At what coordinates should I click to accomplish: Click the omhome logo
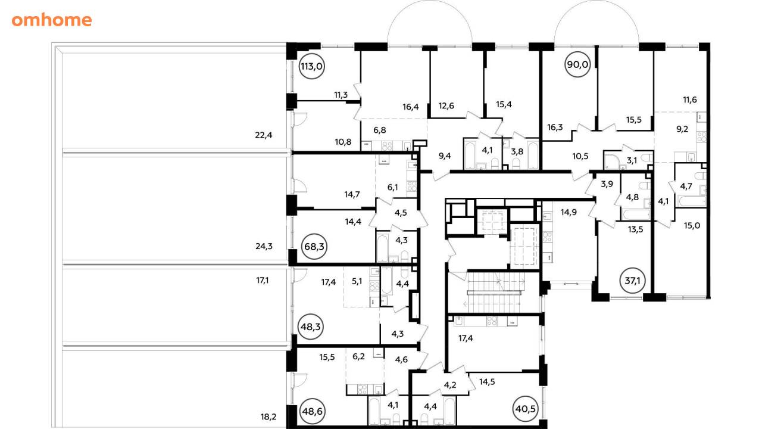click(x=52, y=20)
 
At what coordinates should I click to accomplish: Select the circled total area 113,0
click(x=311, y=66)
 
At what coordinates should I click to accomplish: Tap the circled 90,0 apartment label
click(x=577, y=64)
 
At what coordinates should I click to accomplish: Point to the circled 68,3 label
click(x=314, y=247)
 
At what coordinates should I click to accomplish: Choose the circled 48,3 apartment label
click(x=311, y=327)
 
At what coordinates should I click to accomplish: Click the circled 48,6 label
click(x=313, y=411)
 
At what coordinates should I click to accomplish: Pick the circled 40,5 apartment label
click(x=525, y=409)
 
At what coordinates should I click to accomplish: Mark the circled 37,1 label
click(x=633, y=281)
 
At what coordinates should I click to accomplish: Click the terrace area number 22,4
click(x=264, y=135)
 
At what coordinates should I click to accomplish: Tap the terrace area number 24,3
click(x=264, y=246)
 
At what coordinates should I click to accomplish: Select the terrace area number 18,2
click(x=268, y=416)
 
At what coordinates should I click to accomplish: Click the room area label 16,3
click(x=555, y=128)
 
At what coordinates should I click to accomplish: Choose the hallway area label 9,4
click(x=445, y=156)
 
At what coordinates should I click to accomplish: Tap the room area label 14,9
click(x=569, y=213)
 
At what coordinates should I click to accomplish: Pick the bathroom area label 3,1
click(x=632, y=160)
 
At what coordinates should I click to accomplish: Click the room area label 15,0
click(x=692, y=226)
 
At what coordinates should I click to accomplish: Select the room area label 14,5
click(x=487, y=382)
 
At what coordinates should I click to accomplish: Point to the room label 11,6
click(x=690, y=100)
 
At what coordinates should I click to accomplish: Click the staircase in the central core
click(x=494, y=292)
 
